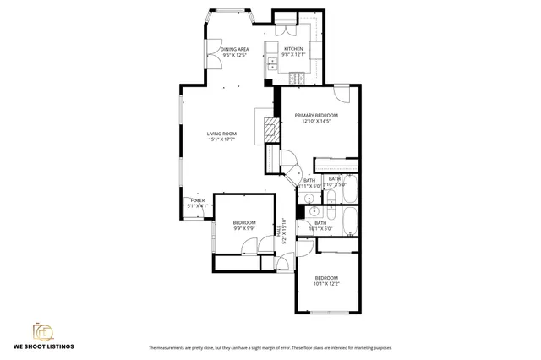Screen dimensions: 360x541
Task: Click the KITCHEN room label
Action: (x=293, y=49)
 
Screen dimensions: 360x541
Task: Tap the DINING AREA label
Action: (x=234, y=50)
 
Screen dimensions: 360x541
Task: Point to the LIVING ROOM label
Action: (x=222, y=134)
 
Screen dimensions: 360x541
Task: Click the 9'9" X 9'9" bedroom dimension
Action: (x=244, y=228)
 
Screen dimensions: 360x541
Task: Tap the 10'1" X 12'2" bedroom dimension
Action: (x=326, y=284)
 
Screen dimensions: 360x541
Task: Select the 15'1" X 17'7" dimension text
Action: (x=222, y=139)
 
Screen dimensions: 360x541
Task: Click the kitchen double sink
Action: (x=272, y=60)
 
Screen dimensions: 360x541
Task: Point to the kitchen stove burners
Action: (x=296, y=79)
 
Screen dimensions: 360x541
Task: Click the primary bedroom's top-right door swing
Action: (x=341, y=92)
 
